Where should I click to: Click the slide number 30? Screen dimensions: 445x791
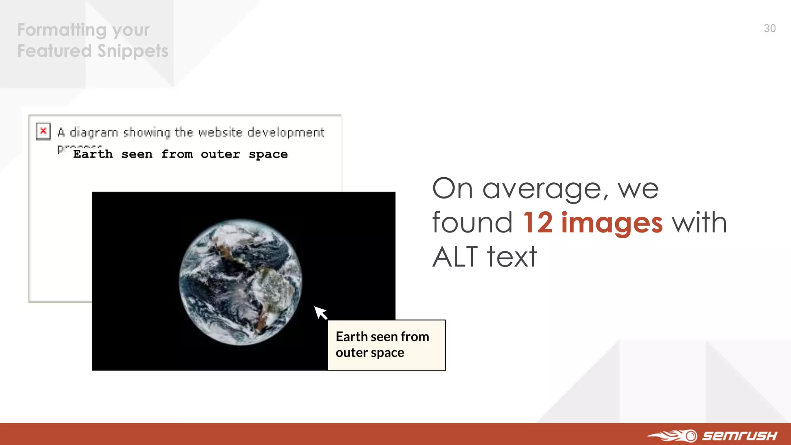[x=769, y=29]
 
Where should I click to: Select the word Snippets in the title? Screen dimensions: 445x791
[x=133, y=51]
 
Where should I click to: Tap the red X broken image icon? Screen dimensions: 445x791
[x=43, y=131]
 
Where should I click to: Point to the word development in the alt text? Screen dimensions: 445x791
[x=286, y=132]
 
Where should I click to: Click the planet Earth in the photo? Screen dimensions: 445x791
[x=240, y=282]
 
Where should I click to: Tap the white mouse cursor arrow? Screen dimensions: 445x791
[x=320, y=312]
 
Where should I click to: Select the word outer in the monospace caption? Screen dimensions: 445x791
[x=220, y=154]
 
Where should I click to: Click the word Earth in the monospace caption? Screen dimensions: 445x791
[x=93, y=154]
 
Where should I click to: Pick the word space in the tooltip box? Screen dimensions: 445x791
[x=387, y=353]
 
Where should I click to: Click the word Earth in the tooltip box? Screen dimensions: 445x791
[x=351, y=337]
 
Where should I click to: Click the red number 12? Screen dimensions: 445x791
[x=538, y=223]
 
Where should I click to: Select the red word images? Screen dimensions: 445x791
[x=612, y=223]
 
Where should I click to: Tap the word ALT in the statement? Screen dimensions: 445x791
[x=455, y=257]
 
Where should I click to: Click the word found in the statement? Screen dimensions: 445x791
[x=472, y=223]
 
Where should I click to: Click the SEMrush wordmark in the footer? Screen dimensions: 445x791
[x=739, y=436]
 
